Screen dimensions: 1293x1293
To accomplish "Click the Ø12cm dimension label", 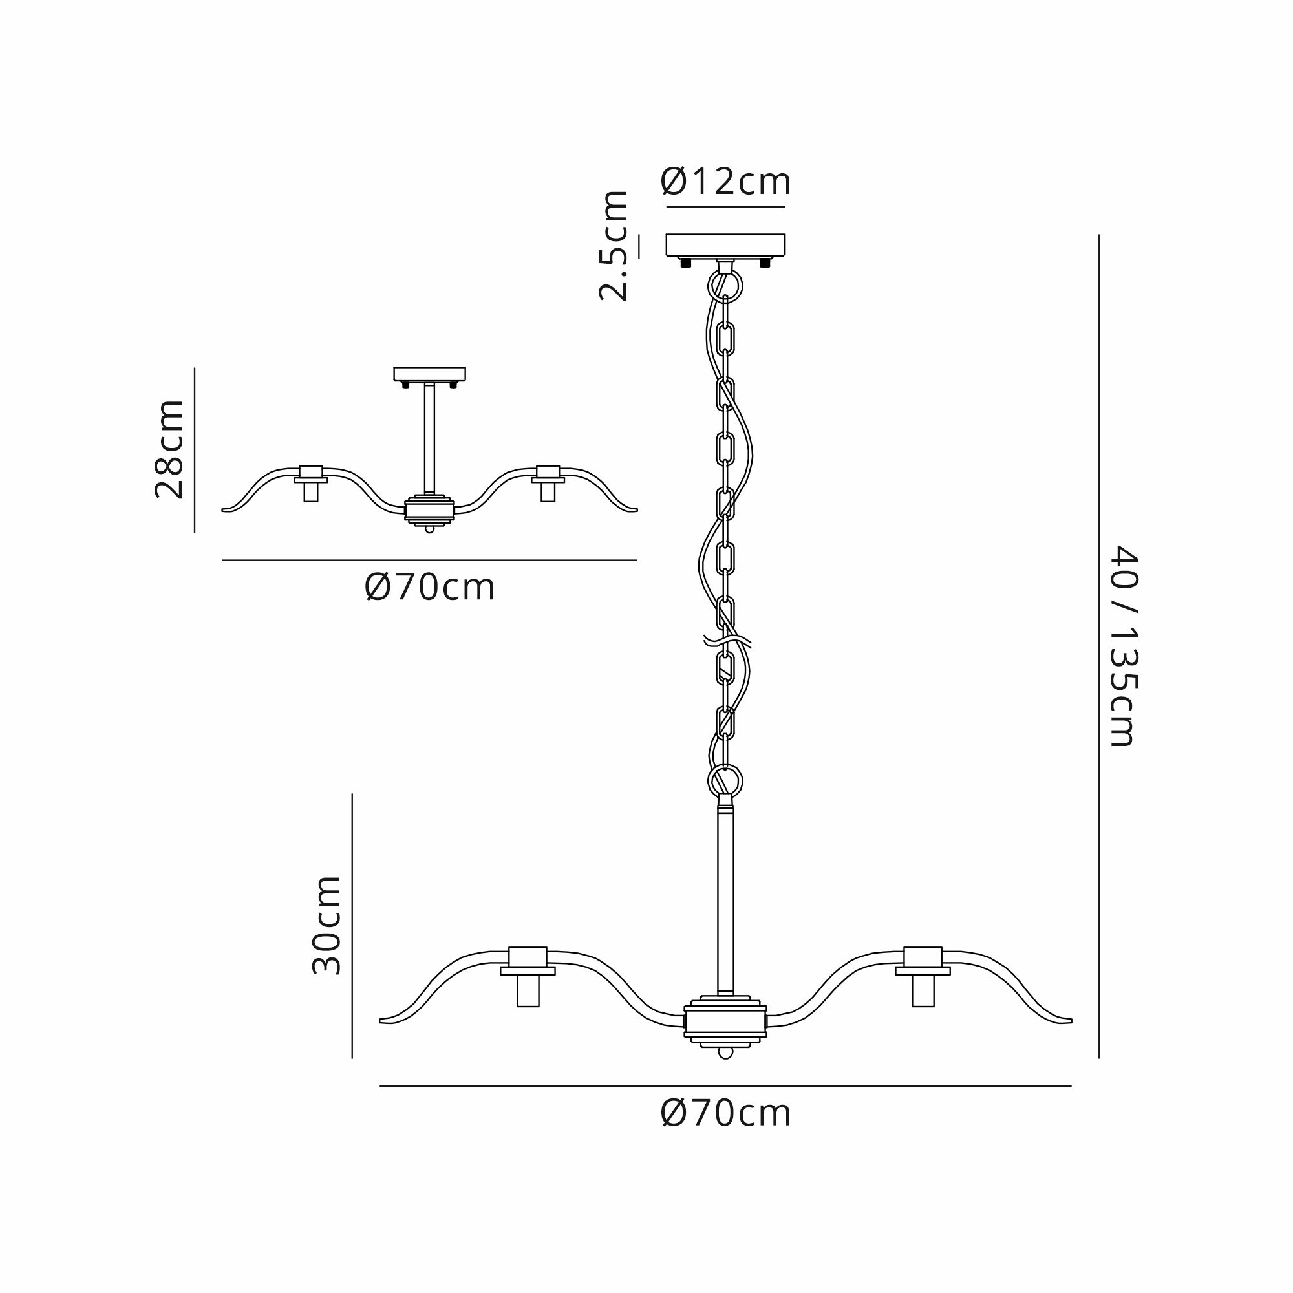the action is (x=725, y=182).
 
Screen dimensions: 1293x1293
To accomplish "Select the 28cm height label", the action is (x=169, y=449).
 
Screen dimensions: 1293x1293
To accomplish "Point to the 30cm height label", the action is (x=327, y=924).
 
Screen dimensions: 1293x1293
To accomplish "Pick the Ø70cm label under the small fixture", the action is (x=430, y=588).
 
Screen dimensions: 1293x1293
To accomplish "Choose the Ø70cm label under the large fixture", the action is (x=725, y=1114).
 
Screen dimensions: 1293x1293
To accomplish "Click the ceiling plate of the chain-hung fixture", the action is (x=725, y=245).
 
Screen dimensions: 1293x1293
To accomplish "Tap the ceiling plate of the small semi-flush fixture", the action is (x=430, y=374).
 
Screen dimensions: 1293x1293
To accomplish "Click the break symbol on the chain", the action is (x=727, y=641).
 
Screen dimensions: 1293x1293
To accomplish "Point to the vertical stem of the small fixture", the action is (x=430, y=438).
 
